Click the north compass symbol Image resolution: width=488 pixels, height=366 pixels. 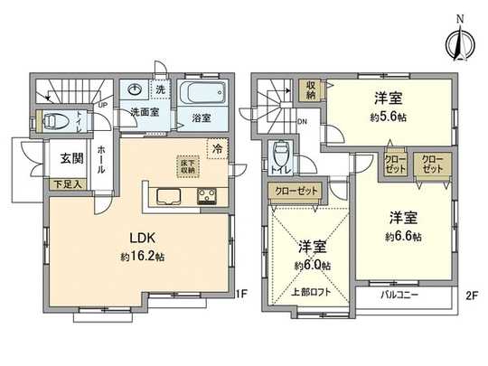click(x=460, y=37)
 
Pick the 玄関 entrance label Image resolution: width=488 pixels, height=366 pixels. click(x=72, y=158)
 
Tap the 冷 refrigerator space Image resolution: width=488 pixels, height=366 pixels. click(x=217, y=147)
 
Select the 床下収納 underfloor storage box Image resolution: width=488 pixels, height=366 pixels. click(x=188, y=166)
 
